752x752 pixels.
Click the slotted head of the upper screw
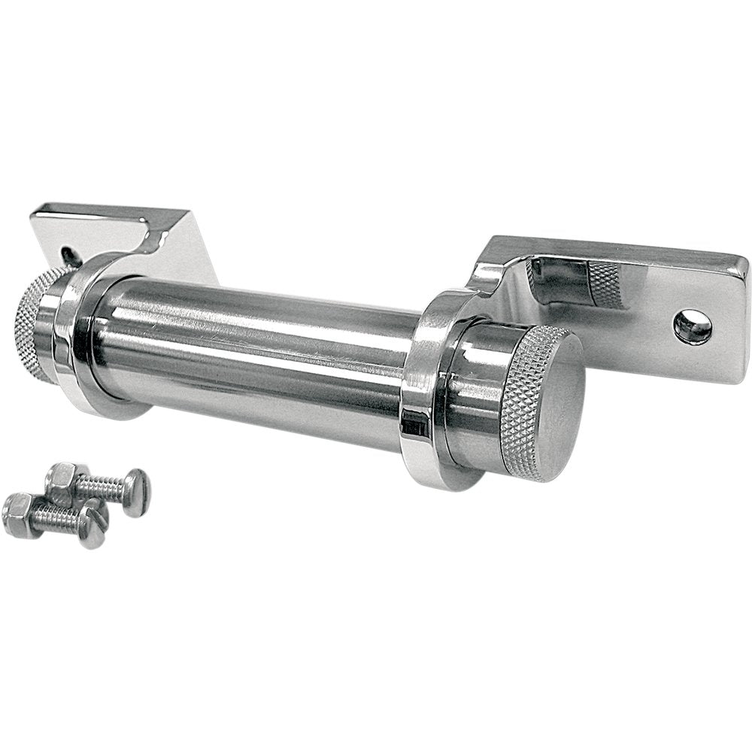click(x=137, y=493)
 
